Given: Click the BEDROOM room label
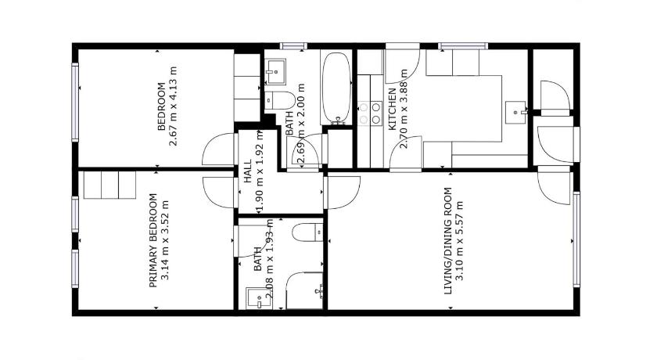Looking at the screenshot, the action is pos(161,107).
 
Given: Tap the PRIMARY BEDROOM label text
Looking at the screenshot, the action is pos(153,240).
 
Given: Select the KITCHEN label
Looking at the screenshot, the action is pos(392,109).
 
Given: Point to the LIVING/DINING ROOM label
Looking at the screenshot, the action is pos(448,240).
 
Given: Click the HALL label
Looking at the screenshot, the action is pos(248,171).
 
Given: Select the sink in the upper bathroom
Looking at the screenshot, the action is pos(275,72).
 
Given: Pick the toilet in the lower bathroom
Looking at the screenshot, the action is pos(307,232).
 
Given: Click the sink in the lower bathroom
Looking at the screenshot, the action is pos(259,298).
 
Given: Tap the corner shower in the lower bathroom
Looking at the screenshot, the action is pos(304,291).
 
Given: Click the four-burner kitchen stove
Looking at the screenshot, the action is pos(371,113).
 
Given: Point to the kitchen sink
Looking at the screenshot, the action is pos(515,113).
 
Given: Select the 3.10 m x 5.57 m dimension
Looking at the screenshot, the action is pos(459,241).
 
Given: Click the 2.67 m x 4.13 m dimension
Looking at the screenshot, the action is pos(173,106).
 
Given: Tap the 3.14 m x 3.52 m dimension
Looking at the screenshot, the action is pos(165,240).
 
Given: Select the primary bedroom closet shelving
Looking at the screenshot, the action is pos(109,185).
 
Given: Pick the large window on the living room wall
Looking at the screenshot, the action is pos(576,239).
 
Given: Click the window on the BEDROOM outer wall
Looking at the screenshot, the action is pos(75,102).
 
